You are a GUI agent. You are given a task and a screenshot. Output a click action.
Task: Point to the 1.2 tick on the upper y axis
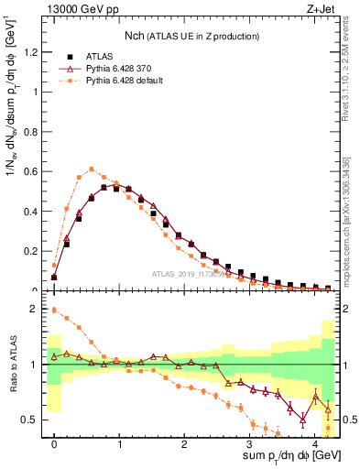(x=36, y=52)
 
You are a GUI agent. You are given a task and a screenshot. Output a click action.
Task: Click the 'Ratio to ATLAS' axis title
(x=11, y=368)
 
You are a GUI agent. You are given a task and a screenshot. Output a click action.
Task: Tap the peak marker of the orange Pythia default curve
(x=92, y=169)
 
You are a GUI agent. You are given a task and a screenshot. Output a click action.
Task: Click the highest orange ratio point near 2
(x=54, y=310)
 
